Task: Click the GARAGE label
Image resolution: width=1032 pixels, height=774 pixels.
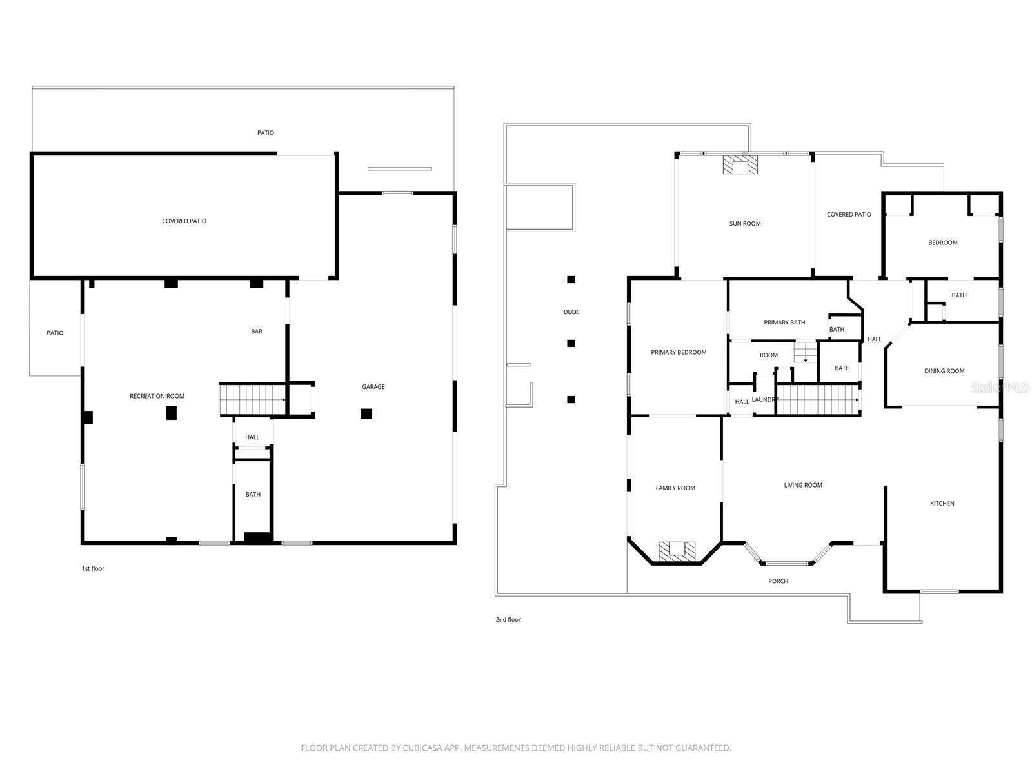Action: (x=373, y=387)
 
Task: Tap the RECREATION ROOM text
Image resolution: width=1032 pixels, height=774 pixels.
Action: (x=157, y=396)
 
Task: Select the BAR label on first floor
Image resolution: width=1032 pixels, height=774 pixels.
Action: (x=257, y=332)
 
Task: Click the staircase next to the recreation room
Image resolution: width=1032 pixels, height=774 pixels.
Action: (x=252, y=400)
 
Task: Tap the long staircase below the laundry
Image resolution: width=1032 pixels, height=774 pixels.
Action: (x=817, y=400)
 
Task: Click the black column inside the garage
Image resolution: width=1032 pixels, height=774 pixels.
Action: (x=366, y=413)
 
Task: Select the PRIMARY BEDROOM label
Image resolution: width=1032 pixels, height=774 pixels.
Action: (x=679, y=352)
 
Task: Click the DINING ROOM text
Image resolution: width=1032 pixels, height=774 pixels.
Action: (x=944, y=371)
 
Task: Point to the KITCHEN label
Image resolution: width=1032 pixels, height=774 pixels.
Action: (x=942, y=503)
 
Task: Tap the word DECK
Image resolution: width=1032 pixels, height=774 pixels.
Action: (x=571, y=312)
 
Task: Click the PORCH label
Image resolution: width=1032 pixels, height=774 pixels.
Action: (x=778, y=581)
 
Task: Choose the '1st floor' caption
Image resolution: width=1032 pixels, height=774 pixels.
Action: (x=93, y=569)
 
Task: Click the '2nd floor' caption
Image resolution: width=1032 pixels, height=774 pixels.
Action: (x=508, y=620)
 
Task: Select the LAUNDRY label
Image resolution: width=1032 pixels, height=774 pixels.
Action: (x=765, y=400)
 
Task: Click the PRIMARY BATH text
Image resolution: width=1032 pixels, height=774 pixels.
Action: (x=784, y=322)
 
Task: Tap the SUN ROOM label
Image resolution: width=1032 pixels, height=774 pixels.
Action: (x=745, y=224)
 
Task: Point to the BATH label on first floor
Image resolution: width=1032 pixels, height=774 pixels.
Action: (x=253, y=495)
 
